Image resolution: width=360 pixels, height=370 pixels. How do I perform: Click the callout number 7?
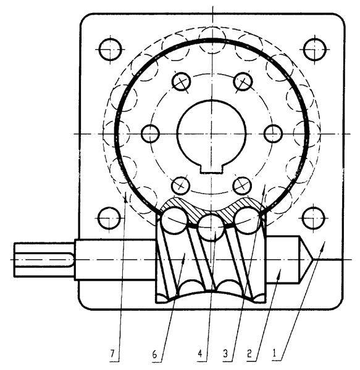[112, 354]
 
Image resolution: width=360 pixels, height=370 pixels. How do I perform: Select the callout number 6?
[154, 354]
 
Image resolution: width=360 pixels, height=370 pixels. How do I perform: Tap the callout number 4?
[200, 354]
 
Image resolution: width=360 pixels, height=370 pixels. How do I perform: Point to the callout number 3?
[225, 354]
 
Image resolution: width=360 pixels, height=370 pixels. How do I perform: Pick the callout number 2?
[249, 354]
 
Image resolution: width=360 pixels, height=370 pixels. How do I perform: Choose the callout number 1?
[274, 353]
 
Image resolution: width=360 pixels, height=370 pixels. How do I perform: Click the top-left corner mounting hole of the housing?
[111, 49]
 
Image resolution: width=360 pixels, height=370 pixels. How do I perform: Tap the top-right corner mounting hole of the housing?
[314, 50]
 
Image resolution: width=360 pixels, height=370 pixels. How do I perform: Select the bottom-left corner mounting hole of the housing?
[109, 218]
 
